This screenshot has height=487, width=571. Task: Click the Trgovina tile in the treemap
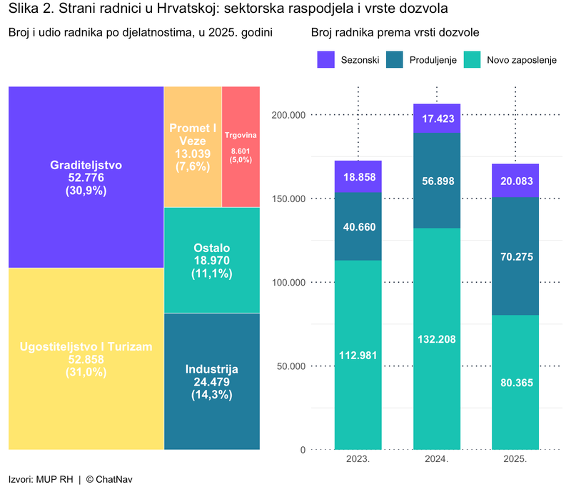pyautogui.click(x=241, y=146)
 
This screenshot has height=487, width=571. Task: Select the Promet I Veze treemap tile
pyautogui.click(x=193, y=146)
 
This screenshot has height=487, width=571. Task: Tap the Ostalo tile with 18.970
pyautogui.click(x=212, y=260)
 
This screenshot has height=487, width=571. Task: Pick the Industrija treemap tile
pyautogui.click(x=212, y=381)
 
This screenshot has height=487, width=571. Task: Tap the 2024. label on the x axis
pyautogui.click(x=437, y=458)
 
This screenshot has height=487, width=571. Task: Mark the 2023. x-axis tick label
pyautogui.click(x=358, y=458)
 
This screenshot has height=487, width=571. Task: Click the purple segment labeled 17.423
pyautogui.click(x=437, y=119)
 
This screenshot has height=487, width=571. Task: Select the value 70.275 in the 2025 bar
pyautogui.click(x=515, y=256)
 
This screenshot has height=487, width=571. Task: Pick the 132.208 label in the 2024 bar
pyautogui.click(x=437, y=338)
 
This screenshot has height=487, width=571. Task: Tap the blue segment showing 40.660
pyautogui.click(x=358, y=227)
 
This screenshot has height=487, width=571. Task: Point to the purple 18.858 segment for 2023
pyautogui.click(x=358, y=176)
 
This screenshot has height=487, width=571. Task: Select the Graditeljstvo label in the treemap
pyautogui.click(x=86, y=165)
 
